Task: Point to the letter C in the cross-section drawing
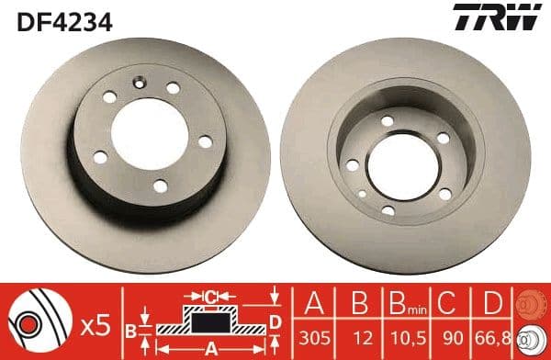[x=209, y=298]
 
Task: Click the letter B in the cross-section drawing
[x=130, y=329]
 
